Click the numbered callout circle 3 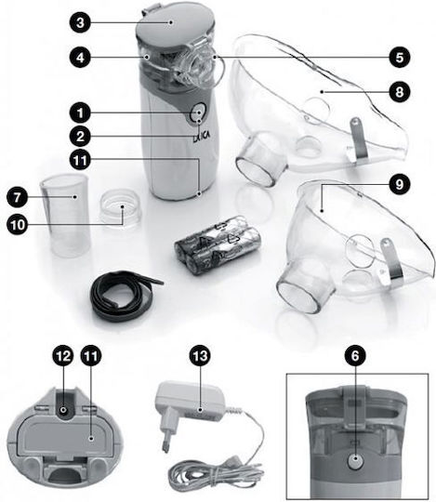pos(80,22)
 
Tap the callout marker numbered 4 pos(80,58)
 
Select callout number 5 pos(399,58)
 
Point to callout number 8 pos(399,92)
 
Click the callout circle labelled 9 pos(399,184)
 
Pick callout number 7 pos(18,196)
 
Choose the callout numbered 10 pos(18,224)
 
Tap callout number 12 pos(63,356)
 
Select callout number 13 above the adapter pos(201,356)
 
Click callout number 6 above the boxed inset pos(355,356)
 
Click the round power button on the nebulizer pos(197,113)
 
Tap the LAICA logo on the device pos(202,136)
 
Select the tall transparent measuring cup pos(64,215)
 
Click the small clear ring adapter pos(120,205)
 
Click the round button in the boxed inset pos(355,462)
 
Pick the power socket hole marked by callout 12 pos(63,410)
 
